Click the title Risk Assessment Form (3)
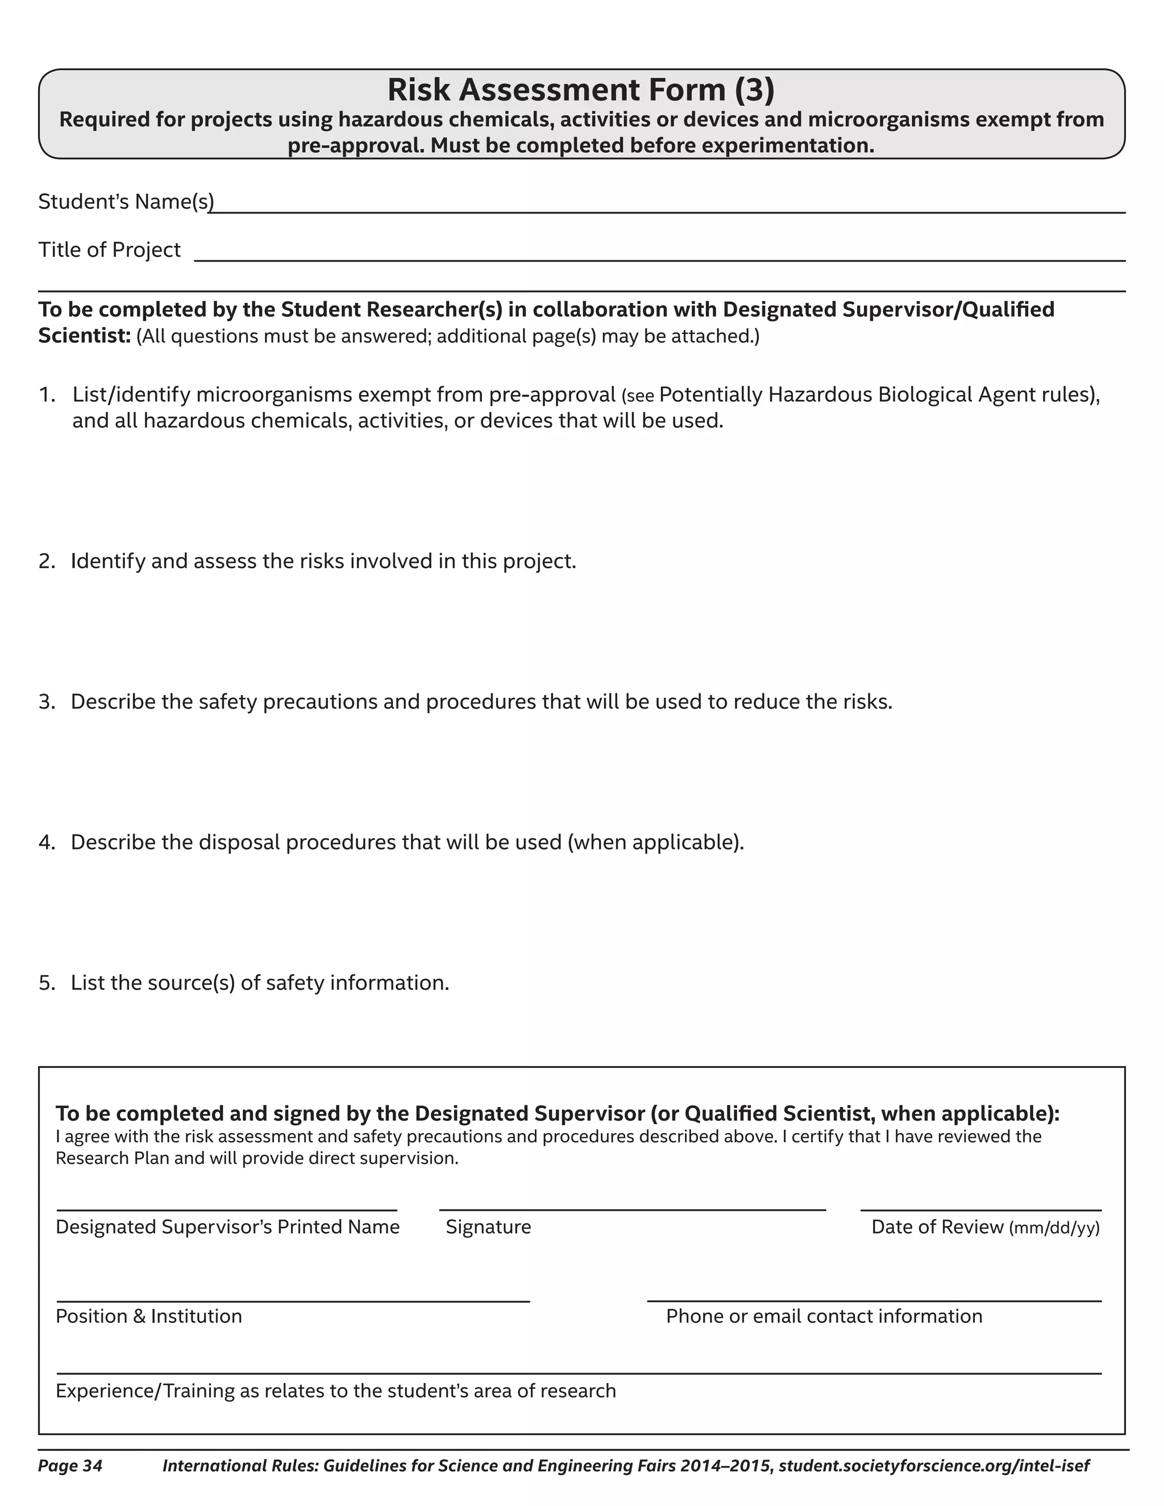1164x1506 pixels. click(x=581, y=90)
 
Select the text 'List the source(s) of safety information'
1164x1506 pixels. click(x=259, y=983)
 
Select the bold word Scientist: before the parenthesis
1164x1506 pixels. click(x=84, y=336)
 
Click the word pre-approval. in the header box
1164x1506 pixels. click(x=356, y=146)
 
